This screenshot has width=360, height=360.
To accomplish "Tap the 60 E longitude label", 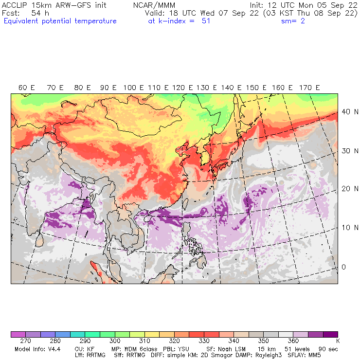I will [x=27, y=88].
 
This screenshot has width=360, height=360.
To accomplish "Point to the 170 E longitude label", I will [x=309, y=88].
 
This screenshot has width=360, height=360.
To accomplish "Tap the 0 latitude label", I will [x=343, y=267].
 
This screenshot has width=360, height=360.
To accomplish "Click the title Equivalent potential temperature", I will [x=60, y=21].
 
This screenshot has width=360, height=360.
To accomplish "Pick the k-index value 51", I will [x=206, y=21].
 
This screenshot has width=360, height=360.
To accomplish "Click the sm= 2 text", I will [x=293, y=21].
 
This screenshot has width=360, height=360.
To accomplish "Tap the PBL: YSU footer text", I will [x=162, y=349].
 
